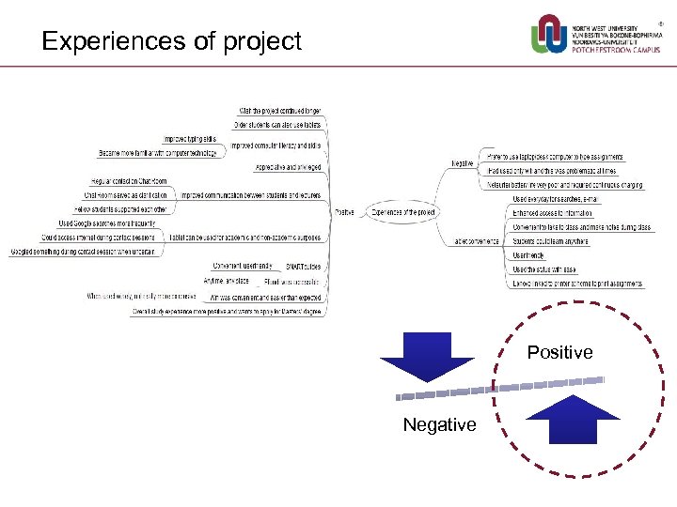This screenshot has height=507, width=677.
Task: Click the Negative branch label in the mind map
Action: tap(462, 163)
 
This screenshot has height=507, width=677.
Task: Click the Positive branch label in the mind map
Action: tap(345, 212)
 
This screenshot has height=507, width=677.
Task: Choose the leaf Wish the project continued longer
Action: tap(280, 110)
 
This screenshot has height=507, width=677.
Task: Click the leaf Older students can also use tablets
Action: tap(277, 124)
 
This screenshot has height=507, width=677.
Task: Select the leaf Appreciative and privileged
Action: tap(288, 167)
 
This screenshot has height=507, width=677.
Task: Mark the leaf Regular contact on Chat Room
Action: tap(129, 180)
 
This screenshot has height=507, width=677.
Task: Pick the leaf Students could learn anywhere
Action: tap(550, 241)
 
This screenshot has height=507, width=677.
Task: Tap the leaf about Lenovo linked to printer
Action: tap(577, 284)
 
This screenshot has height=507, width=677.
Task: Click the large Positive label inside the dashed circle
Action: tap(559, 352)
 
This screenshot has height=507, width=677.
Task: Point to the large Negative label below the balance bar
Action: tap(439, 425)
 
